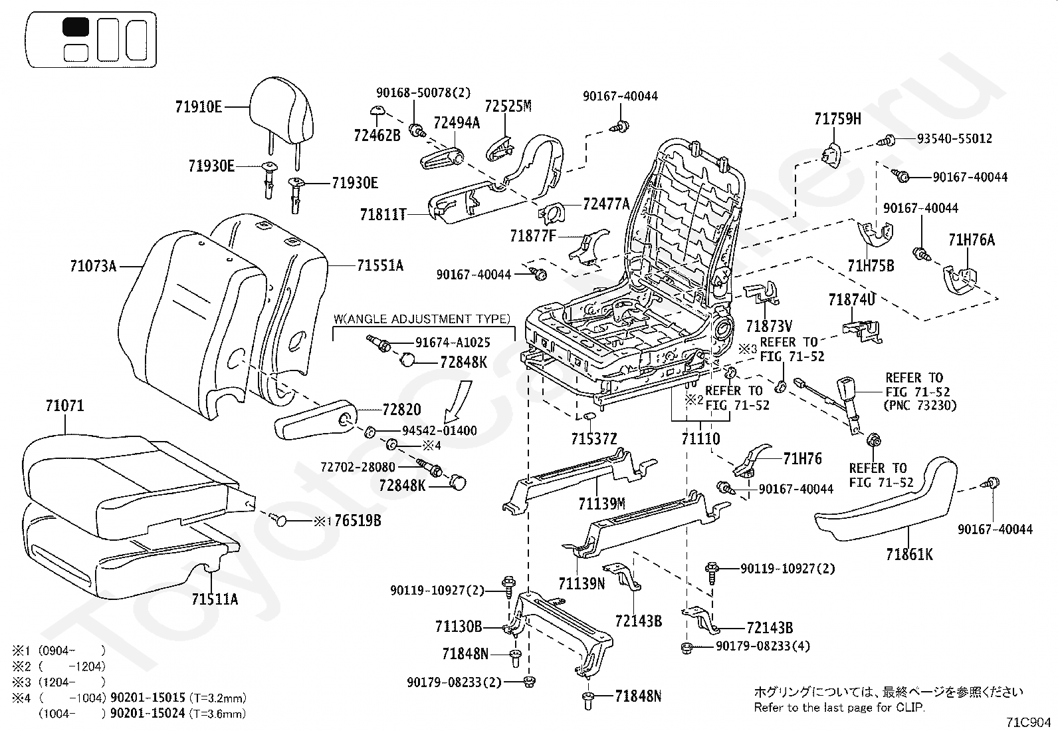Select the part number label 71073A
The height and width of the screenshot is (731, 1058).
[x=93, y=267]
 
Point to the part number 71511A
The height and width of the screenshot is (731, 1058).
[x=215, y=599]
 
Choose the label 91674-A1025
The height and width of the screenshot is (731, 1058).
[x=453, y=343]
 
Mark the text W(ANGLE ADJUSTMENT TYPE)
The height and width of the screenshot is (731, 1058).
[x=422, y=319]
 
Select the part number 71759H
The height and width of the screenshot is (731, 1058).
[x=837, y=119]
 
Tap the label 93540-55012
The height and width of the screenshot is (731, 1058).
[x=954, y=139]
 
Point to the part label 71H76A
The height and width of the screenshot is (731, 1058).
[x=972, y=240]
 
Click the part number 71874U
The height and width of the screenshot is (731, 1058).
[x=851, y=300]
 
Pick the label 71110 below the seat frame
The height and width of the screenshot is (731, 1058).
[x=700, y=439]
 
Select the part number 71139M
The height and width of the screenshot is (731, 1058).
[x=601, y=504]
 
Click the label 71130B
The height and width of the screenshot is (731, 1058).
[x=459, y=627]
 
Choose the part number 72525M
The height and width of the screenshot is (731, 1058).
[x=508, y=106]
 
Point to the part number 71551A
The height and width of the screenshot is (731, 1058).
[x=380, y=266]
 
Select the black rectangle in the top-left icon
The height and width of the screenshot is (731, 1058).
[x=75, y=27]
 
